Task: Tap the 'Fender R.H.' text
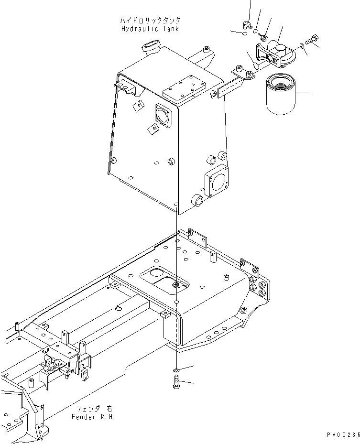pos(93,417)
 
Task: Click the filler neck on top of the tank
pos(150,48)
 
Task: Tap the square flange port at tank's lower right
pos(218,183)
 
